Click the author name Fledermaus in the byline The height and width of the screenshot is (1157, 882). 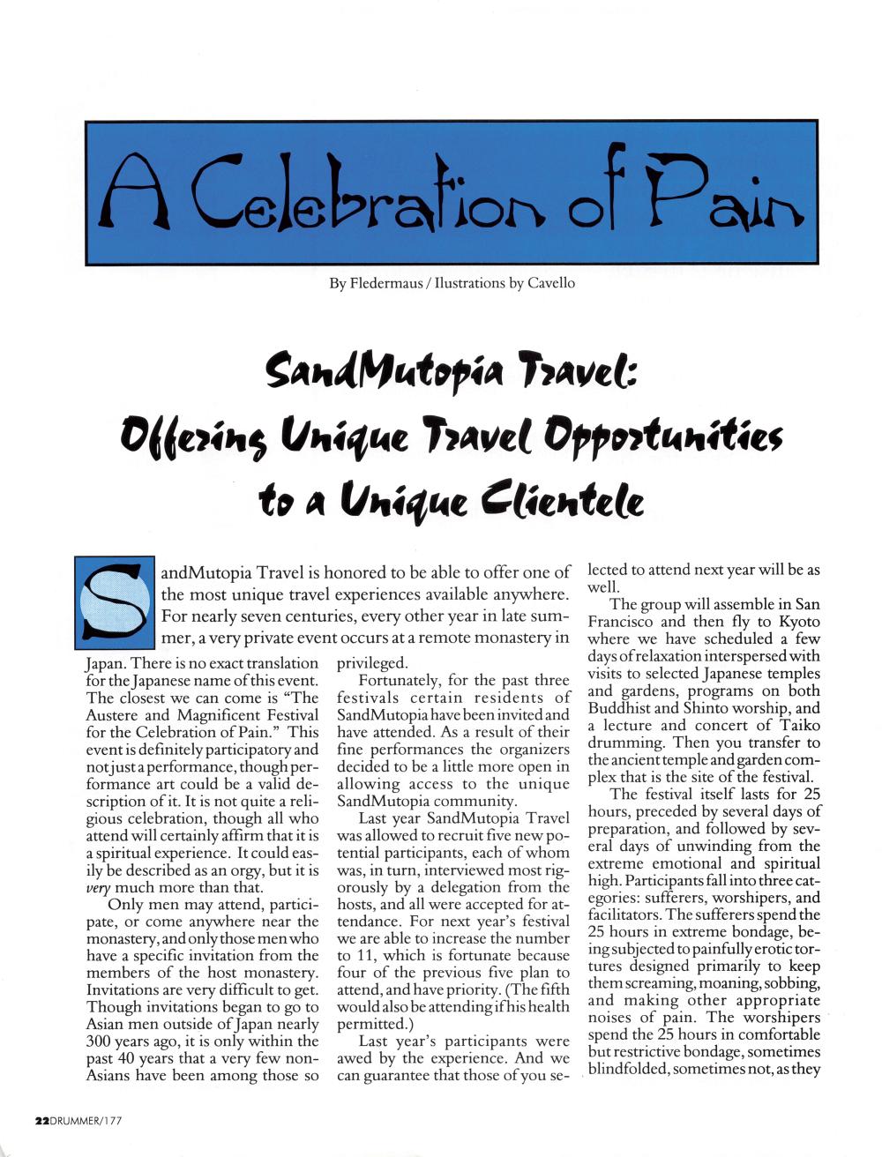[385, 283]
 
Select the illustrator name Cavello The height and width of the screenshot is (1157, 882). [550, 283]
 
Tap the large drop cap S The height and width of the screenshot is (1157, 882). [116, 601]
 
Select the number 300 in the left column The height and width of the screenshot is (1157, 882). [103, 1041]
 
